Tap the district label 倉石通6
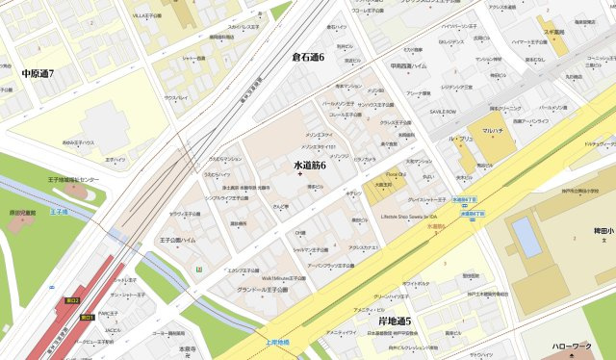pyautogui.click(x=308, y=58)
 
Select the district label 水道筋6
pyautogui.click(x=310, y=166)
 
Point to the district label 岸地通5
pyautogui.click(x=395, y=321)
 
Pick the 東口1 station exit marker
pyautogui.click(x=86, y=317)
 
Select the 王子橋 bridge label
pyautogui.click(x=59, y=211)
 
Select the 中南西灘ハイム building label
pyautogui.click(x=408, y=66)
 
